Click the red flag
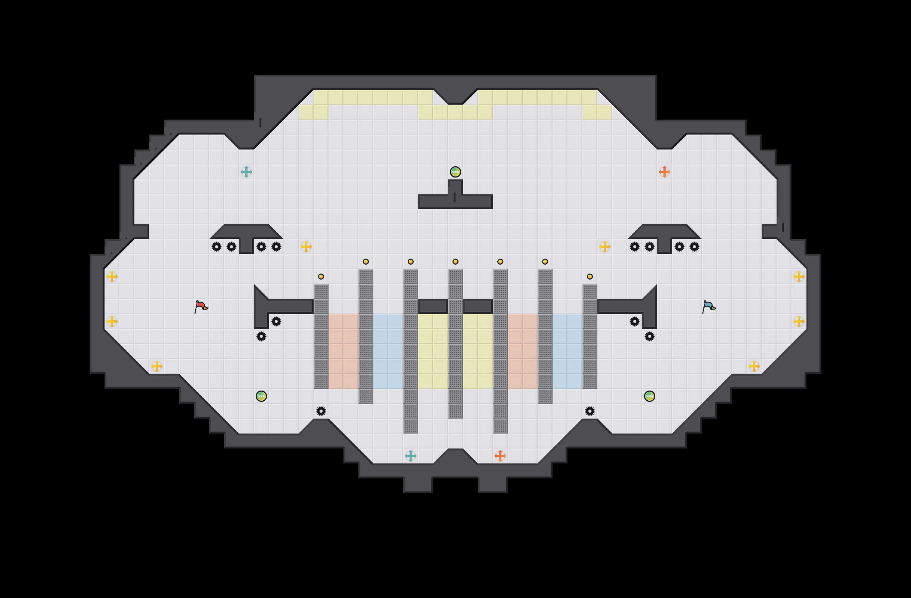pos(200,306)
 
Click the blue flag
pos(709,306)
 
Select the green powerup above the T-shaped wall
pos(455,172)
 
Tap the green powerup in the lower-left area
pos(261,396)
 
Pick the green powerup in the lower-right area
pos(649,396)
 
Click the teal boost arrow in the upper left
pos(246,172)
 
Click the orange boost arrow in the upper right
pos(664,172)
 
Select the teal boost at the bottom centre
pos(410,456)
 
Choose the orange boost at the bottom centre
pos(500,456)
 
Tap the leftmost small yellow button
pos(321,277)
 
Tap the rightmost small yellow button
pos(590,277)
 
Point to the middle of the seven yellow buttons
pos(455,262)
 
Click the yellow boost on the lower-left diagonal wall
pos(156,366)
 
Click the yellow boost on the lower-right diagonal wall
pos(754,366)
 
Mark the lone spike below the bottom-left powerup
pos(321,411)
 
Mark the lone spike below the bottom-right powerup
pos(590,411)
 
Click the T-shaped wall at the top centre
pos(455,201)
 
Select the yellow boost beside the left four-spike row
pos(306,247)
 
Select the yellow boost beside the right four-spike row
pos(604,247)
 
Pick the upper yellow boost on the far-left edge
pos(112,277)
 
